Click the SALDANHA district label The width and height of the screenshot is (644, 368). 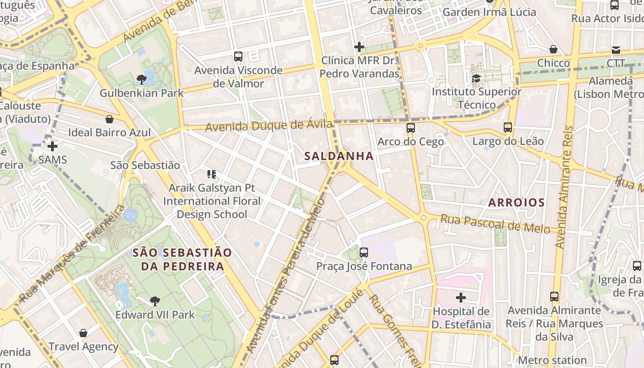point(339,156)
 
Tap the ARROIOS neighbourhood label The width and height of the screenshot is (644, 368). point(516,202)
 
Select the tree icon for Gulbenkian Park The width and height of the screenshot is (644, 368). point(142,80)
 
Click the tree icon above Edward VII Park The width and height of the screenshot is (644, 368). point(155,301)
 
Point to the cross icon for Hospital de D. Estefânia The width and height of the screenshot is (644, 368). point(461,298)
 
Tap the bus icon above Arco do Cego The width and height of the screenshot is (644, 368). point(411,128)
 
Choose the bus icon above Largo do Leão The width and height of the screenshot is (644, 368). point(508,127)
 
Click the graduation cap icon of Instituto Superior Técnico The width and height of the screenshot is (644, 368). point(476,78)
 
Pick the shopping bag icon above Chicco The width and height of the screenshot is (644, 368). point(553,49)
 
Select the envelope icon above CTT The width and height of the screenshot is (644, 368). point(615,50)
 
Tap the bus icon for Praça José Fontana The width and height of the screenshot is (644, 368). point(364,252)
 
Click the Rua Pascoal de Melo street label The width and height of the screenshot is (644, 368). point(495,223)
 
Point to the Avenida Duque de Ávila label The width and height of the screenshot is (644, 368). point(269,125)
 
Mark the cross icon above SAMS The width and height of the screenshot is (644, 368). point(53,146)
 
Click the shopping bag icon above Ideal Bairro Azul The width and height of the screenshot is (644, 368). point(109,119)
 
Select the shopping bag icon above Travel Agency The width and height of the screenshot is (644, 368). point(83,333)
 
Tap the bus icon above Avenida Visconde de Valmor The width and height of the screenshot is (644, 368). point(238,57)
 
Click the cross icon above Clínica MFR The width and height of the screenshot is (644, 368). point(359,46)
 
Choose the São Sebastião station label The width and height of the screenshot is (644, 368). point(145,165)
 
